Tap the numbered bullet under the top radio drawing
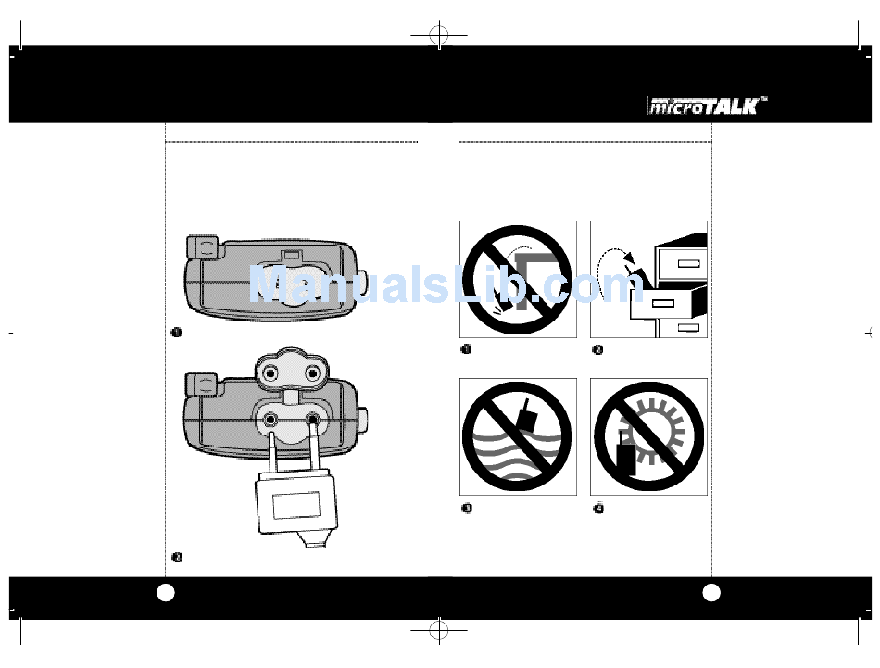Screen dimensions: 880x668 175,333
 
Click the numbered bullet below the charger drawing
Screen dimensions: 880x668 176,557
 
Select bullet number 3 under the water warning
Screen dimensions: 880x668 467,509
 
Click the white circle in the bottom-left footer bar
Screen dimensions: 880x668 166,592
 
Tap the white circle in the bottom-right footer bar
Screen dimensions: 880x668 711,592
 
